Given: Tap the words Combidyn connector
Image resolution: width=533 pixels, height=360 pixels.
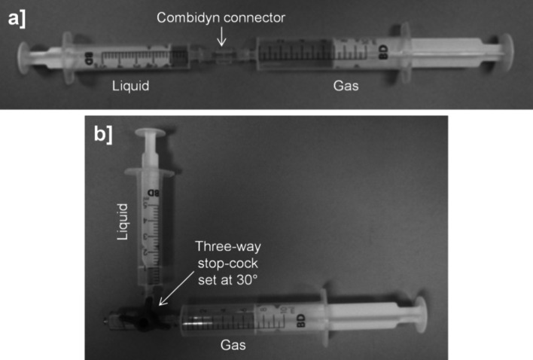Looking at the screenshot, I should point(220,14).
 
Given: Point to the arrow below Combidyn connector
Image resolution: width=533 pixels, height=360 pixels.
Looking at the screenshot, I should point(221,35).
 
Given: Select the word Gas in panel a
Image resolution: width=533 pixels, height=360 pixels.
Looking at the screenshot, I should point(346,86).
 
